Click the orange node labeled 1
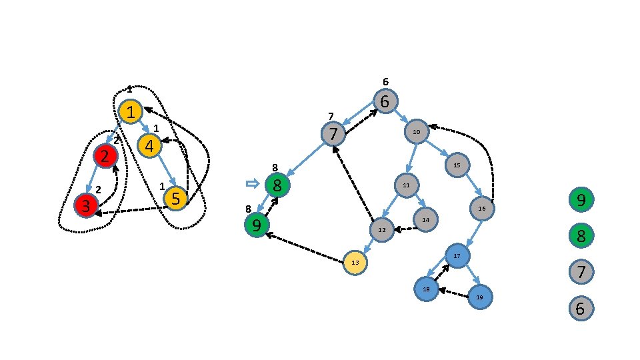[131, 111]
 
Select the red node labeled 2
[105, 157]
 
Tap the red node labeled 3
[86, 205]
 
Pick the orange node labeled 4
[149, 145]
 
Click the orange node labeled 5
[175, 198]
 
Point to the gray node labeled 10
[416, 132]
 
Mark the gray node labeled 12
[382, 229]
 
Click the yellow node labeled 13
[355, 263]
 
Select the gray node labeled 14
[425, 218]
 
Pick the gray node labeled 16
[482, 209]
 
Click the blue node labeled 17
[457, 255]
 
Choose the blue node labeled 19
[479, 297]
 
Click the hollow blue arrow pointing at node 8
[252, 183]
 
